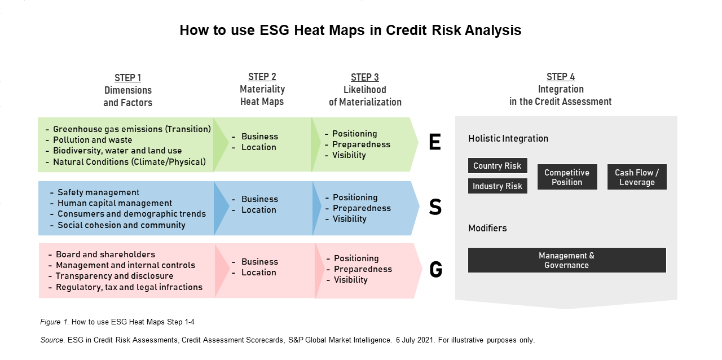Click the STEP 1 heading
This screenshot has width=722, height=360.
click(x=127, y=78)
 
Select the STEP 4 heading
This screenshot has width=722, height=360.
click(x=561, y=77)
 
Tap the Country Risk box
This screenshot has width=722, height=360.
click(x=498, y=165)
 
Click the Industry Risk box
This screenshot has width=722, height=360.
click(x=498, y=186)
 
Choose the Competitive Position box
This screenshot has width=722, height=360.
click(x=567, y=177)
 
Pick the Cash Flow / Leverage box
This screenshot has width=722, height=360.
click(x=637, y=177)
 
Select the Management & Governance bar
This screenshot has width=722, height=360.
click(x=567, y=260)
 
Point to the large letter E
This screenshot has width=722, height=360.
click(x=435, y=142)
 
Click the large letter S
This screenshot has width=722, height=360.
click(x=435, y=207)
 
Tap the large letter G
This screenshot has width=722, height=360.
click(x=436, y=269)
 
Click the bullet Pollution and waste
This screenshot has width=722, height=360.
click(x=93, y=140)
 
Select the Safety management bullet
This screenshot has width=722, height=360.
click(x=98, y=192)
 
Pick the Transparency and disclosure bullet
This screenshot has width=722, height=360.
click(x=115, y=276)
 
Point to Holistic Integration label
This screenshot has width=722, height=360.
click(x=508, y=138)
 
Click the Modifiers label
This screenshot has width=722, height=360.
click(x=487, y=228)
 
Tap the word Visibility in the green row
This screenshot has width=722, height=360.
click(x=349, y=155)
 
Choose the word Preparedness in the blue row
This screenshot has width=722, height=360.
click(x=362, y=208)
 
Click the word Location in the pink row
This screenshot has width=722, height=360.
click(x=259, y=273)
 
